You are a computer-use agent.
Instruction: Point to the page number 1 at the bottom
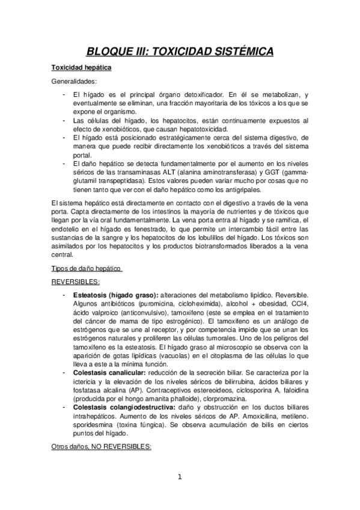[x=180, y=478]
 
